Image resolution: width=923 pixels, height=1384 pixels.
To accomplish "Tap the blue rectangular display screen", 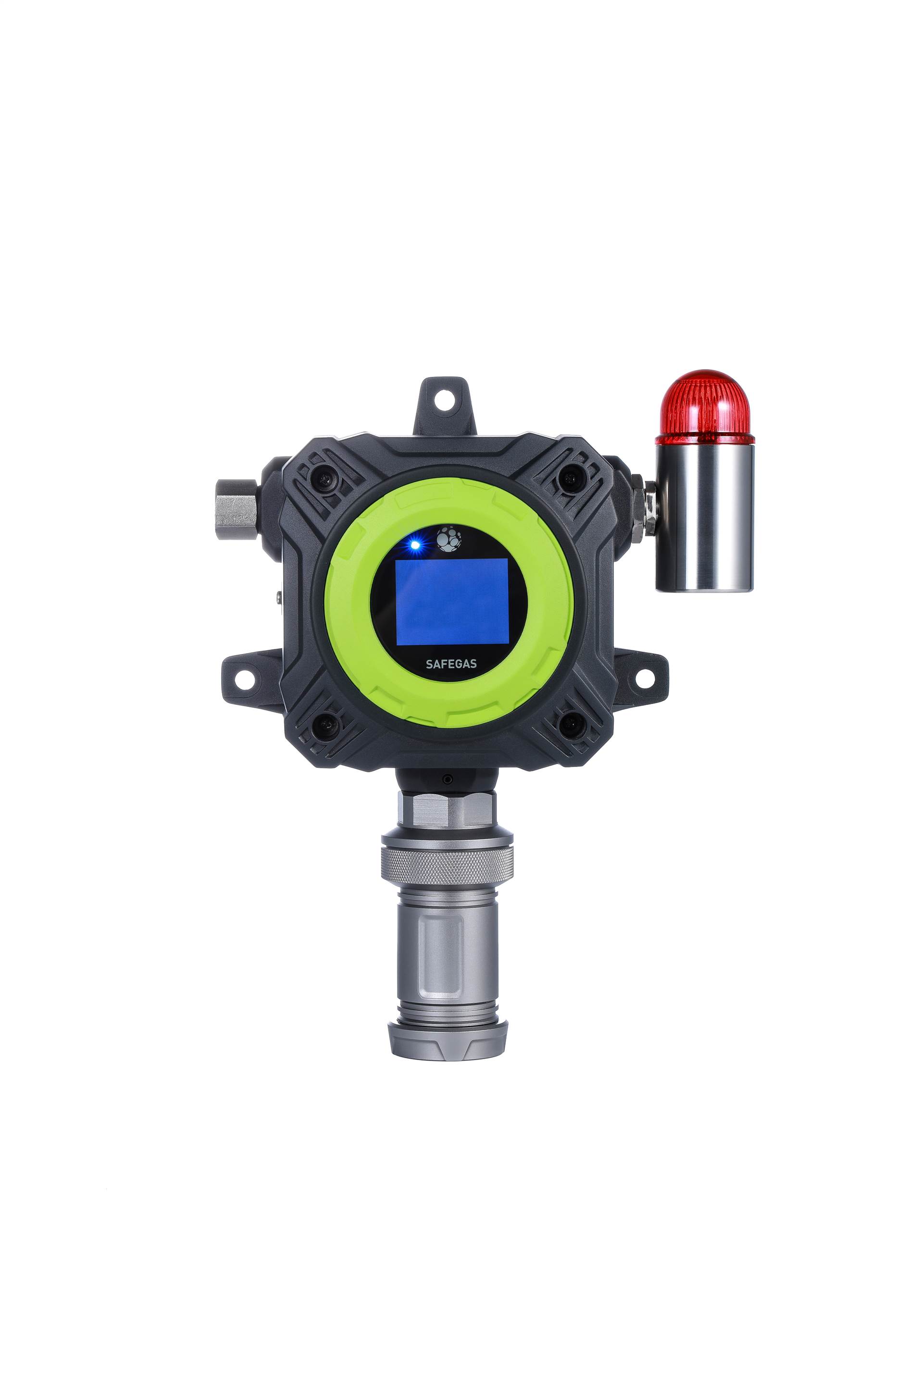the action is click(451, 601).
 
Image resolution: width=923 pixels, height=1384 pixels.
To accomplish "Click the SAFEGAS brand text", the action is click(451, 664).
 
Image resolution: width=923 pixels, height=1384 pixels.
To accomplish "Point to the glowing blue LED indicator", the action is click(415, 545).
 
